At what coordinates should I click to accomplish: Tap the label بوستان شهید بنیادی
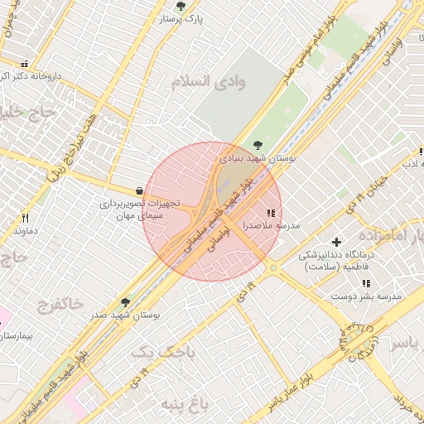pos(258,157)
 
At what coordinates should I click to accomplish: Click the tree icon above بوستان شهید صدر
pos(125,302)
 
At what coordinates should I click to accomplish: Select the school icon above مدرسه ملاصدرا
pos(271,213)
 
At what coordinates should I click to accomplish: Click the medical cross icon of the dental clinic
pos(335,242)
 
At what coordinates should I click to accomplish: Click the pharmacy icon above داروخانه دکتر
pos(24,64)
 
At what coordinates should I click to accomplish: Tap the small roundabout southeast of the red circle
pos(272,267)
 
